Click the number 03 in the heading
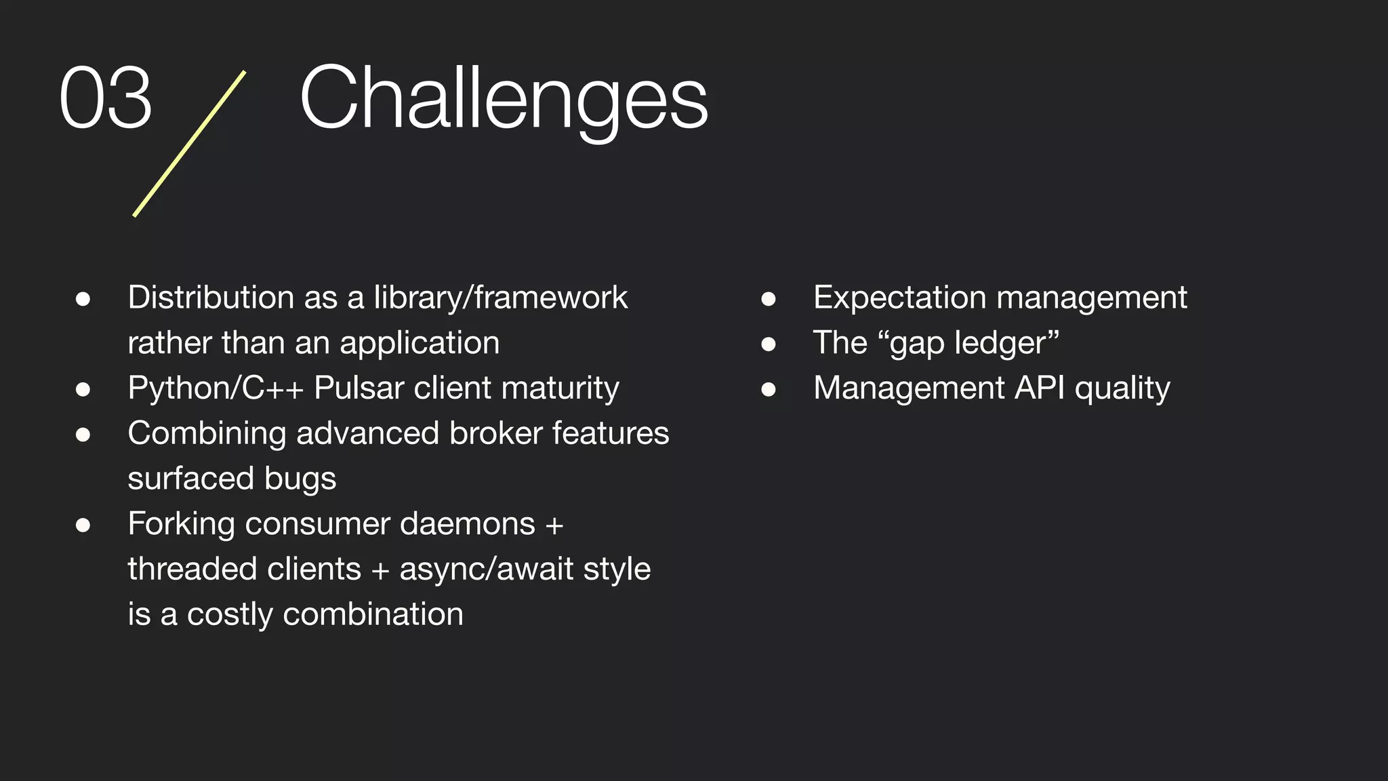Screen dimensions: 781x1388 (x=106, y=98)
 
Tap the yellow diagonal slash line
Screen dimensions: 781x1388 (x=190, y=144)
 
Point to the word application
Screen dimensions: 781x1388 (x=420, y=343)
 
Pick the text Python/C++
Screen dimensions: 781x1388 (x=216, y=388)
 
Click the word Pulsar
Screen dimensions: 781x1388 (x=359, y=388)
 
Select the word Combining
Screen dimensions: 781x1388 (x=207, y=433)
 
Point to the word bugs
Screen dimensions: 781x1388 (x=300, y=479)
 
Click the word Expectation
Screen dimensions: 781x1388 (x=899, y=298)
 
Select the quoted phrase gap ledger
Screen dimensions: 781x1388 (x=968, y=343)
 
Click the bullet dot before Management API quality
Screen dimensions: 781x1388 (x=768, y=389)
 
